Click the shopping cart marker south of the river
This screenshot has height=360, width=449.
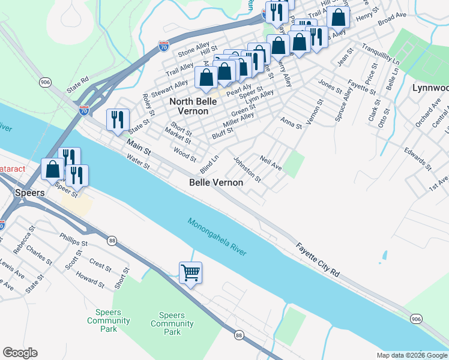click(191, 273)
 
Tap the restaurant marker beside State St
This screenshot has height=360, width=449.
click(117, 119)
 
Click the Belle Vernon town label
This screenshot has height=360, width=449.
click(216, 182)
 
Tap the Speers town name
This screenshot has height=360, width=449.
click(29, 193)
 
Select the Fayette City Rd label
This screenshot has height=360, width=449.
click(318, 259)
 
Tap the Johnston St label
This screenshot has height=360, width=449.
click(247, 170)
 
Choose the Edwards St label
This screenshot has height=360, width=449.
click(417, 158)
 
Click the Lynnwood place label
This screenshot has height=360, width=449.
click(430, 88)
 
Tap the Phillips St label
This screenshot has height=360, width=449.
click(74, 240)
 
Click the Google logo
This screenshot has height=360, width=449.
click(20, 353)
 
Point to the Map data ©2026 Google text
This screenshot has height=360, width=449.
click(411, 355)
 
